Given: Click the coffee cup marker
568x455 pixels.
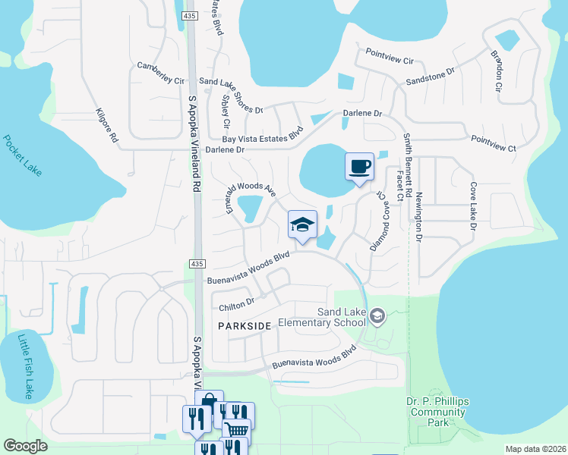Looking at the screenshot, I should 359,166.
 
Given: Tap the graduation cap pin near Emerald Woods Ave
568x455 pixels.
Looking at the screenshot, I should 302,224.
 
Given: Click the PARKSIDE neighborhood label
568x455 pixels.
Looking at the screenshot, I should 245,325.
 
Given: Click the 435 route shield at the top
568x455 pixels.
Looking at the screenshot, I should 191,16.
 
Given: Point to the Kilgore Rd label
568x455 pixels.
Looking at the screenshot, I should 106,126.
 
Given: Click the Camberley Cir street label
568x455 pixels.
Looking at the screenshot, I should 160,74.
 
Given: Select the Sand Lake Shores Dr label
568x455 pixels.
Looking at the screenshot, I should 230,95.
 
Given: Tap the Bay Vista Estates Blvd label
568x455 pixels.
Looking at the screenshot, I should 262,134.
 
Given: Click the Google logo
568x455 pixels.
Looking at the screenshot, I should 26,446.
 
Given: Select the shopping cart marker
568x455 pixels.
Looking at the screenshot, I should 237,429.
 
